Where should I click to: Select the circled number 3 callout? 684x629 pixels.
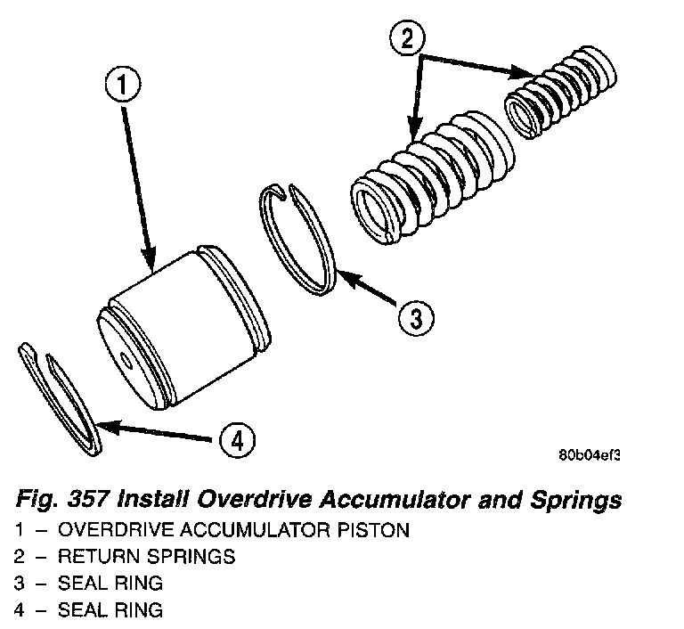click(415, 315)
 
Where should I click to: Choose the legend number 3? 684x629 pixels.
click(19, 584)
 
